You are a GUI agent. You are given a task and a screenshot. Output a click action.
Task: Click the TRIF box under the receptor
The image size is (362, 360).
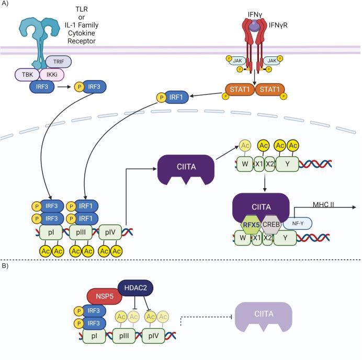pos(59,62)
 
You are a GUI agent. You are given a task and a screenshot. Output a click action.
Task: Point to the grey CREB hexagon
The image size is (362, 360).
pos(270,225)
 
